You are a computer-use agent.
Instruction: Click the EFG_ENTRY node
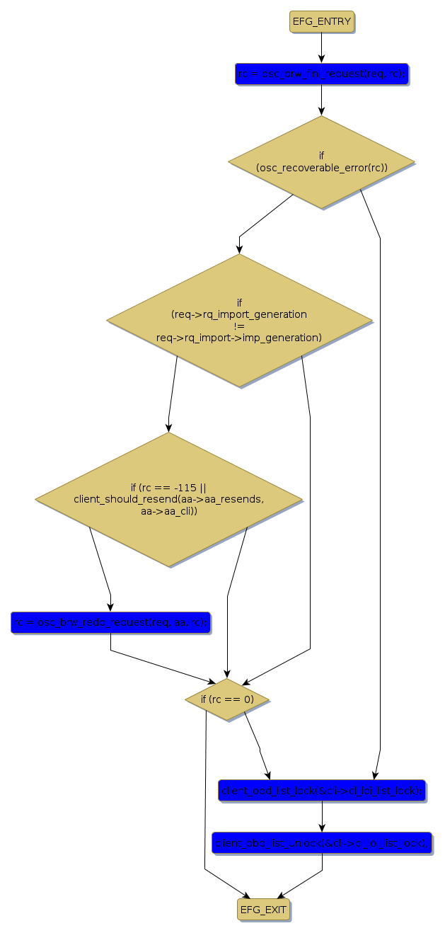pyautogui.click(x=321, y=22)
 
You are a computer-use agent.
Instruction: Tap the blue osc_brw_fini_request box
pyautogui.click(x=321, y=74)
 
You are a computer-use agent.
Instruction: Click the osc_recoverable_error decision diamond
pyautogui.click(x=321, y=162)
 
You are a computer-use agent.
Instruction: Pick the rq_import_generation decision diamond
pyautogui.click(x=239, y=320)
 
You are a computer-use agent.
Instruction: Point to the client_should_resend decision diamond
pyautogui.click(x=168, y=499)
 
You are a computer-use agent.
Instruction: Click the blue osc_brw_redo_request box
pyautogui.click(x=110, y=622)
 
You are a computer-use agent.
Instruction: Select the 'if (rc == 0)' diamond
pyautogui.click(x=227, y=699)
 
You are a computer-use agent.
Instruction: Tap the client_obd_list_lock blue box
pyautogui.click(x=321, y=790)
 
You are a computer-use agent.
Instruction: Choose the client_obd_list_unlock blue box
pyautogui.click(x=321, y=842)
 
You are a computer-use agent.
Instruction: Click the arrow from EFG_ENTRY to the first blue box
pyautogui.click(x=321, y=47)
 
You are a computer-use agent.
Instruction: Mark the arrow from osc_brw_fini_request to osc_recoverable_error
pyautogui.click(x=321, y=100)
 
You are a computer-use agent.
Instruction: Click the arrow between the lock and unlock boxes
pyautogui.click(x=321, y=816)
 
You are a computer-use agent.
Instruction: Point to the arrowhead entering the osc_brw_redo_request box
pyautogui.click(x=110, y=607)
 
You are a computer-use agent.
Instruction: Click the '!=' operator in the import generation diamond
pyautogui.click(x=239, y=326)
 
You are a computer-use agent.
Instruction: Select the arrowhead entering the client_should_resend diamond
pyautogui.click(x=168, y=427)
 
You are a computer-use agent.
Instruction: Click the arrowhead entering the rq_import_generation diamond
pyautogui.click(x=239, y=248)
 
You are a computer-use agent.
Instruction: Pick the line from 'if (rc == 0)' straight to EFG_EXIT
pyautogui.click(x=205, y=793)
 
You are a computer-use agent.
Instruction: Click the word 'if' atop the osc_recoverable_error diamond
pyautogui.click(x=321, y=154)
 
